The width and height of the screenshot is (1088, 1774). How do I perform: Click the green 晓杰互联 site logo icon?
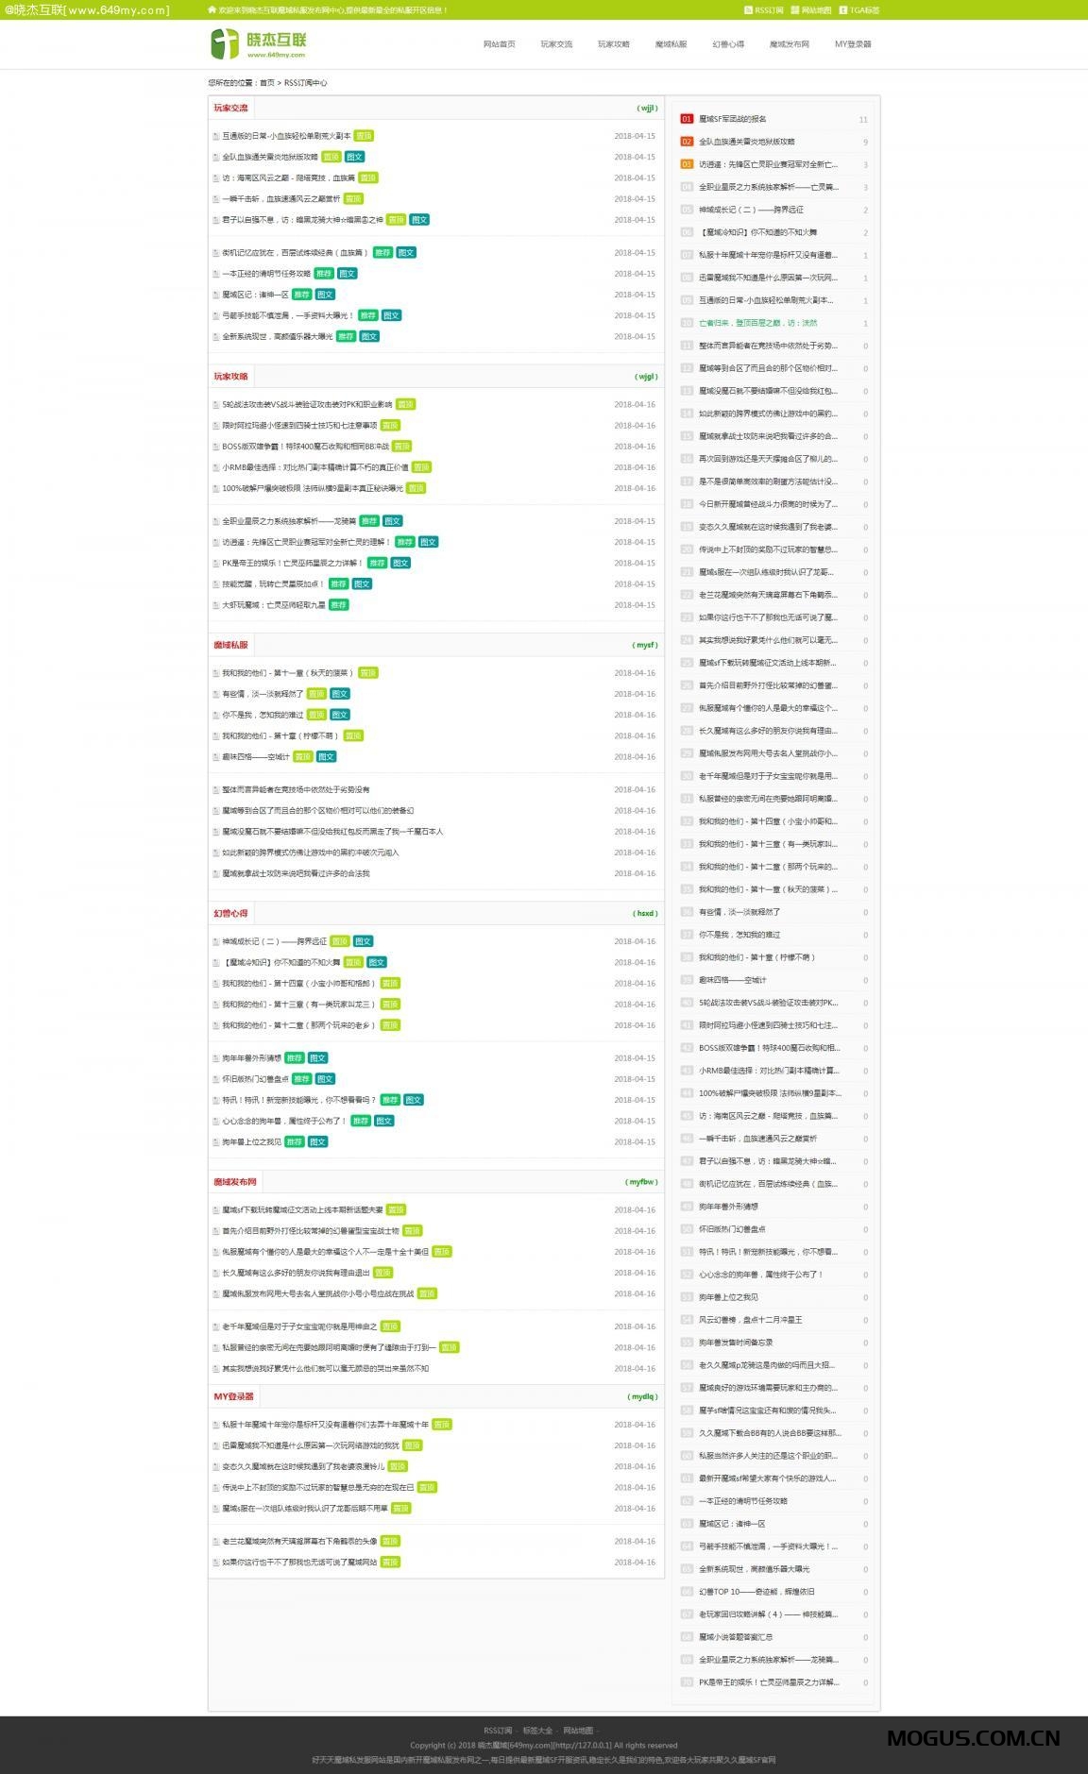click(x=225, y=43)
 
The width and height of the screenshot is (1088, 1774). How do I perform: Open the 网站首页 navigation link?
click(x=499, y=44)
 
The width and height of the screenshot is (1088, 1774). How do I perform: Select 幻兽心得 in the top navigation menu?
click(x=728, y=44)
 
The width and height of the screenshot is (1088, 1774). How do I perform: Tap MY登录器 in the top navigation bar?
click(x=853, y=44)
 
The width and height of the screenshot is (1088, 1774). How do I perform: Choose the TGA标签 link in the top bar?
click(x=863, y=10)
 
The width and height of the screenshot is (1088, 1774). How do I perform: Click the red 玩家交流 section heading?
click(x=230, y=109)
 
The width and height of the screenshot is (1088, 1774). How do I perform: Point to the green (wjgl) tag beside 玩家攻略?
click(x=646, y=377)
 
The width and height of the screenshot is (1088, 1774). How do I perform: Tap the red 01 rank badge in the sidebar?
click(x=687, y=119)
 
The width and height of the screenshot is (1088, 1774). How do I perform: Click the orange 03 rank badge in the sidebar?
click(x=687, y=164)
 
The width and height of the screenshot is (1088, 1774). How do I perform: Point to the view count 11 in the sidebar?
click(x=863, y=120)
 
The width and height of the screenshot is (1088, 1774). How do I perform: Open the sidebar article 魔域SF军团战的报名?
click(x=733, y=119)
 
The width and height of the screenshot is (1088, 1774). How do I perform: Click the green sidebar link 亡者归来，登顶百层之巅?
click(x=757, y=323)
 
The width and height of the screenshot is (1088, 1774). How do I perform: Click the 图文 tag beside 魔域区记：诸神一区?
click(x=325, y=295)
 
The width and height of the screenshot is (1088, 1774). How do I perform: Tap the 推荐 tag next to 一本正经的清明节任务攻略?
click(x=324, y=274)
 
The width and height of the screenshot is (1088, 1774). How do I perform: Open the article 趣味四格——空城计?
click(x=255, y=757)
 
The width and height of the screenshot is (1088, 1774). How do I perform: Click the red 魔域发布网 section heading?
click(x=234, y=1182)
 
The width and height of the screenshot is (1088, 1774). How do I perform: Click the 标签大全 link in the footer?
click(x=537, y=1731)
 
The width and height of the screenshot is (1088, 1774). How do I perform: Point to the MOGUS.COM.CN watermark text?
click(x=973, y=1738)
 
